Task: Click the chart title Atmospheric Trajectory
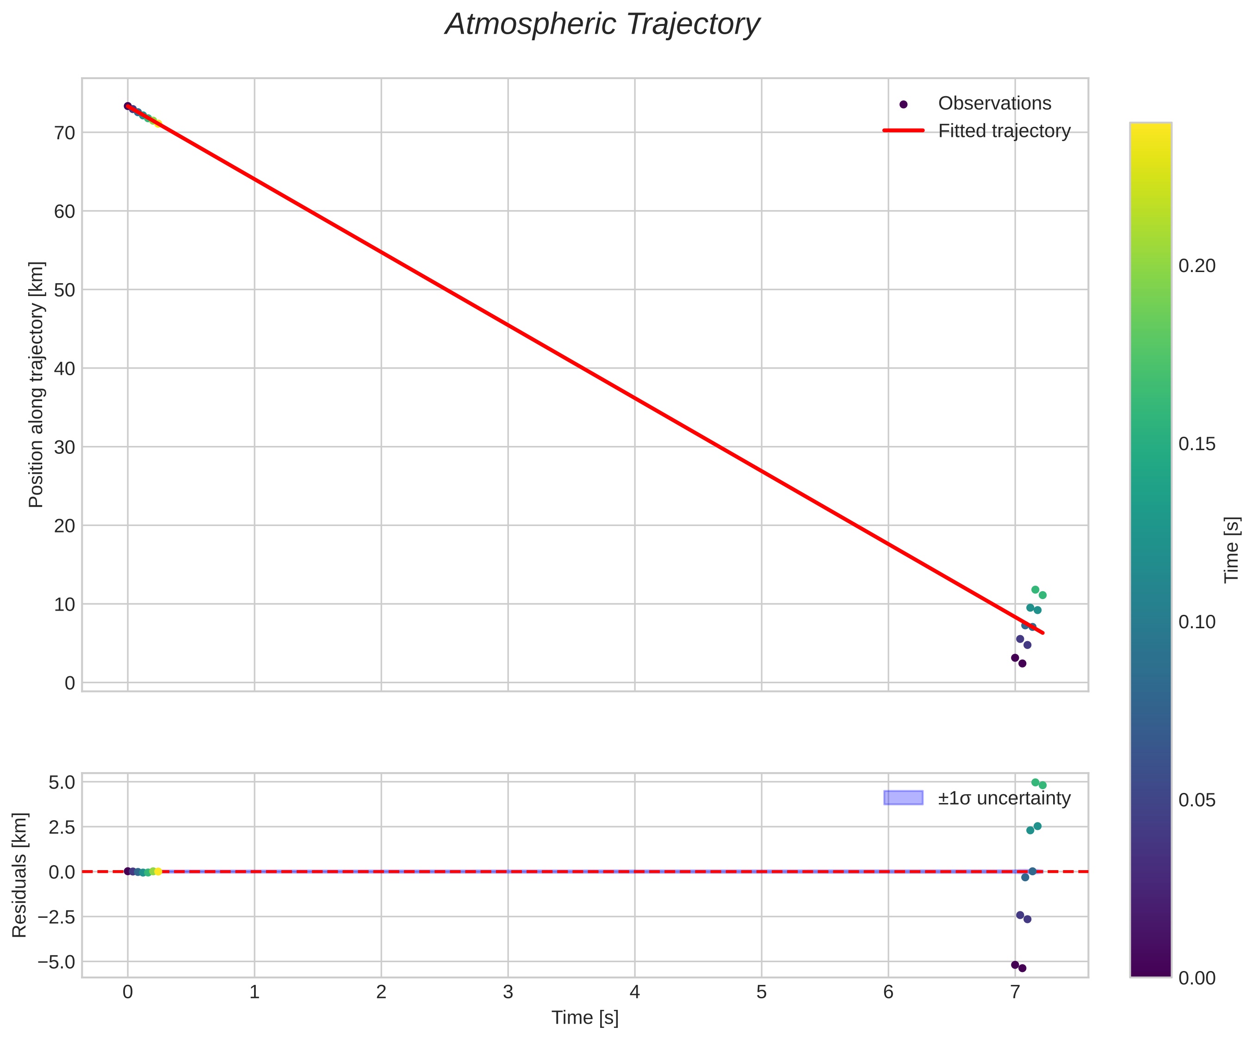602,25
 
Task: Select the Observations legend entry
994,103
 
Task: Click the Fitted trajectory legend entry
1004,130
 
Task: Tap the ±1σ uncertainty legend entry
1004,798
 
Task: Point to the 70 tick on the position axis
64,132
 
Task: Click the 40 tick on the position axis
64,369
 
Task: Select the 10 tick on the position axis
64,604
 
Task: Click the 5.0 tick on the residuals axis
62,782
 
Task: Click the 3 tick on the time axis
508,992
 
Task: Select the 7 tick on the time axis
1015,992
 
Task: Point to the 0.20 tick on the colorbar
1197,266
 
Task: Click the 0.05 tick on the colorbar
1197,800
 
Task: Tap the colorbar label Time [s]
1232,549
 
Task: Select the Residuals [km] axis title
20,874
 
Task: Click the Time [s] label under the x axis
585,1018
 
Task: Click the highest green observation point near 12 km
1035,590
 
